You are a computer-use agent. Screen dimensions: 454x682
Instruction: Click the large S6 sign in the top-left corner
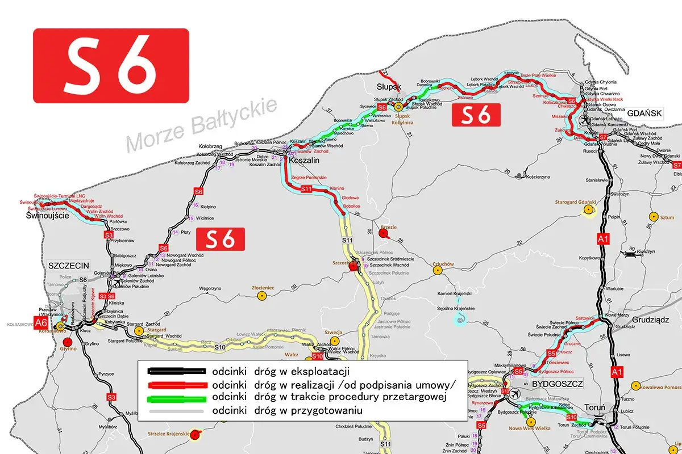(111, 65)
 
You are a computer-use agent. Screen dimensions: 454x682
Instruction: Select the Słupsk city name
(389, 87)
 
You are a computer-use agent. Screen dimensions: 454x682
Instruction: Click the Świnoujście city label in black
(48, 216)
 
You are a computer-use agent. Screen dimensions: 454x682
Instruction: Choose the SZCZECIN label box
(70, 266)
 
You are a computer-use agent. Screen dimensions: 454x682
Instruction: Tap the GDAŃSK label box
(645, 113)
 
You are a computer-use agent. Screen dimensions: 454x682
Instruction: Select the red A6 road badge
(40, 323)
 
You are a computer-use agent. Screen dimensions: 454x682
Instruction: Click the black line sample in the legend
(176, 371)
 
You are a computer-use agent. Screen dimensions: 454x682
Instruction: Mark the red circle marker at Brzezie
(384, 233)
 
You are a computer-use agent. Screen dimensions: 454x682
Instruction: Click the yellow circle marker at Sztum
(653, 217)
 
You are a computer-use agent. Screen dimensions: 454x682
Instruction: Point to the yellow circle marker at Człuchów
(438, 271)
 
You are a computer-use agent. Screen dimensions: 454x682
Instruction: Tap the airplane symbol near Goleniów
(117, 282)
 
